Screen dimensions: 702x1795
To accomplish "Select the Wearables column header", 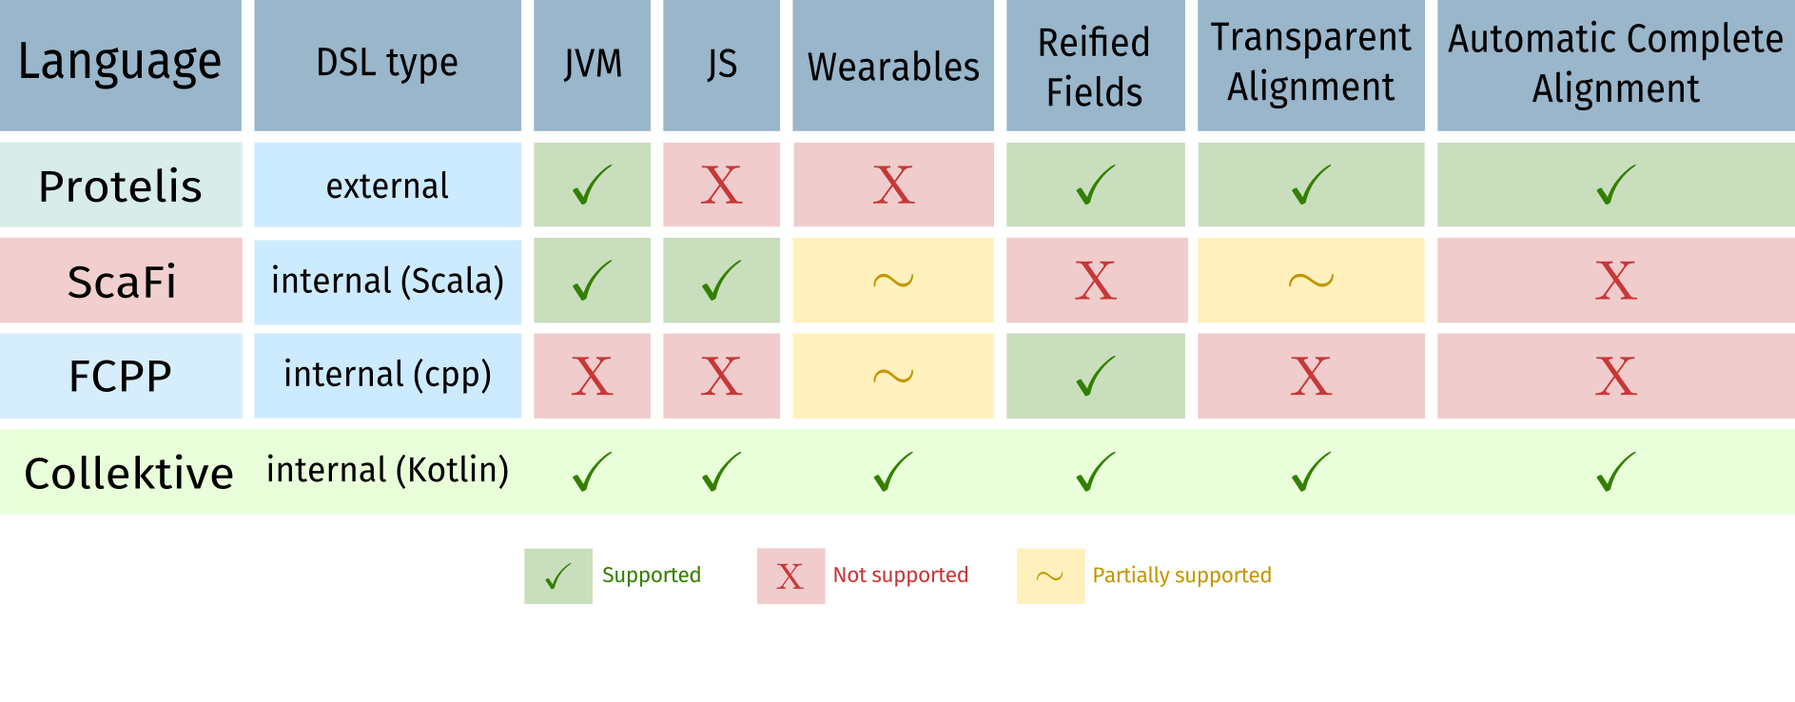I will click(x=893, y=67).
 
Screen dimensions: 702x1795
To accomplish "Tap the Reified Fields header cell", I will click(x=1094, y=67).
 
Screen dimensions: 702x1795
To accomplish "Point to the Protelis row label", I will click(x=121, y=185).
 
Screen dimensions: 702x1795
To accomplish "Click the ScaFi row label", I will click(x=121, y=282).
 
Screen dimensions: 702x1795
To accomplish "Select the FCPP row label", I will click(x=121, y=377).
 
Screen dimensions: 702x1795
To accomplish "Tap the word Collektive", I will click(x=128, y=473).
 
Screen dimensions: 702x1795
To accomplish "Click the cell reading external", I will click(x=387, y=185).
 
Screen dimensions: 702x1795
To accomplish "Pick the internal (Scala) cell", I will click(x=387, y=282).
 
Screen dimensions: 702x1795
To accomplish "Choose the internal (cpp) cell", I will click(x=387, y=375).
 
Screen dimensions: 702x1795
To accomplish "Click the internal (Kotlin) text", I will click(x=387, y=470).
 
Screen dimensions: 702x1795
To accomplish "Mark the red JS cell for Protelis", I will click(x=721, y=185).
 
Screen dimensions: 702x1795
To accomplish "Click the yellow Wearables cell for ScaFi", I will click(x=893, y=281).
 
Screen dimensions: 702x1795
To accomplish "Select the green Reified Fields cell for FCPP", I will click(x=1095, y=376).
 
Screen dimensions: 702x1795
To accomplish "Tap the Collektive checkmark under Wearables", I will click(x=892, y=472).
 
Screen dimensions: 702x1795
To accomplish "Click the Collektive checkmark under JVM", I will click(x=592, y=472).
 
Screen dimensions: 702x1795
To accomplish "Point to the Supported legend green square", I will click(x=558, y=575).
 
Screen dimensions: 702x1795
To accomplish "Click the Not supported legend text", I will click(x=900, y=575).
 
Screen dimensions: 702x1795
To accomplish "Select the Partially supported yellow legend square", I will click(x=1050, y=575).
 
